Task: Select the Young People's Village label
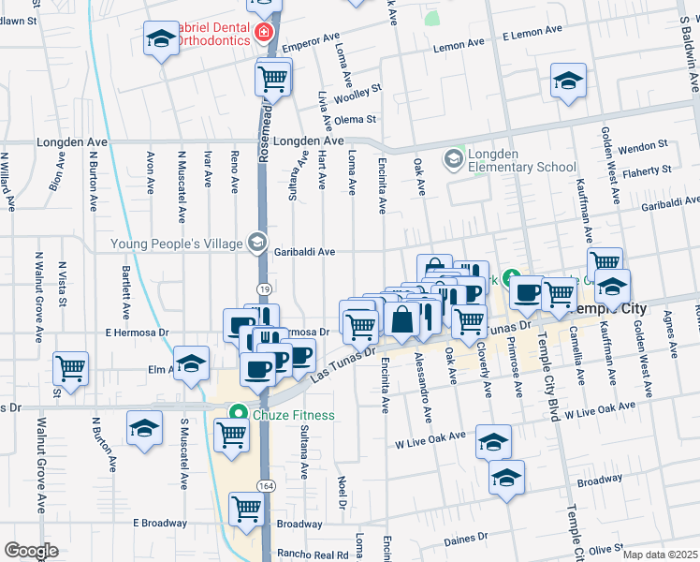tap(176, 244)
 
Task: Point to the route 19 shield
tap(265, 290)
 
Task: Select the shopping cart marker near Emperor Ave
tap(273, 78)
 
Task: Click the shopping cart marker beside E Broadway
tap(246, 510)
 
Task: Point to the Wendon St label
tap(642, 147)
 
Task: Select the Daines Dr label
tap(466, 540)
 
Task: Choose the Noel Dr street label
tap(343, 492)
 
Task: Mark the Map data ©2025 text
tap(659, 555)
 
